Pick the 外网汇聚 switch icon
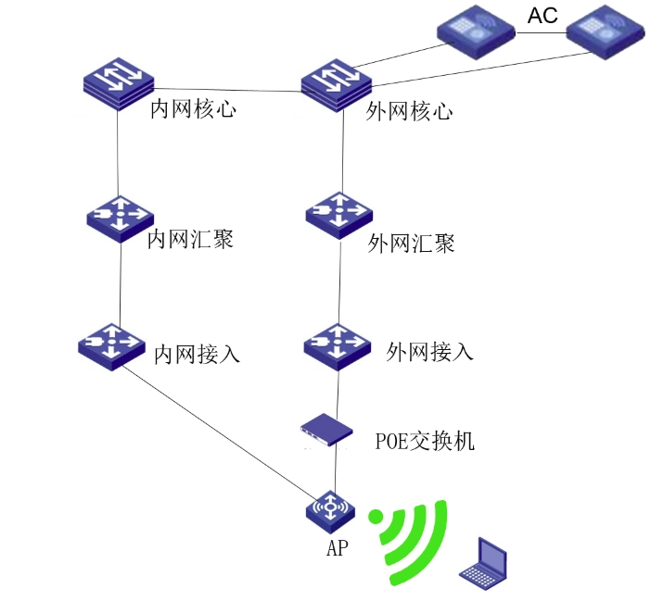pyautogui.click(x=339, y=216)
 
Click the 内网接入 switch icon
pyautogui.click(x=114, y=345)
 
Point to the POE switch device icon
pyautogui.click(x=328, y=430)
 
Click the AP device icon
pyautogui.click(x=333, y=507)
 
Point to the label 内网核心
pyautogui.click(x=194, y=110)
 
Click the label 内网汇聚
pyautogui.click(x=190, y=240)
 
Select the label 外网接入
pyautogui.click(x=429, y=352)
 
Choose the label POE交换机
pyautogui.click(x=425, y=441)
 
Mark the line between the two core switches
pyautogui.click(x=227, y=90)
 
